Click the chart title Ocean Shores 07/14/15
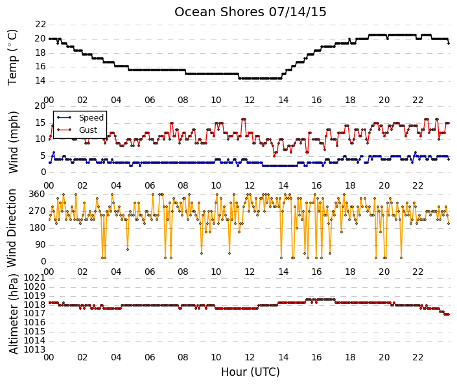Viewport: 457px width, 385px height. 250,12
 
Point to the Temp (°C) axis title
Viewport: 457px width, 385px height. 12,58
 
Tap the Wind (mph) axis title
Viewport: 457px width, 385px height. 13,142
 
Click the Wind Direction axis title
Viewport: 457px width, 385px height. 12,228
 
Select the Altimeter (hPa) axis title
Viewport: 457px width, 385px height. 13,314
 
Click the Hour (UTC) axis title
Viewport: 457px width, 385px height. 250,372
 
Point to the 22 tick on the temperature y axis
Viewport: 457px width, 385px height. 40,24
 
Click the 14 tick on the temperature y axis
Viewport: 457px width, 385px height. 40,81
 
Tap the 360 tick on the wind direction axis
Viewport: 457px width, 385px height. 38,194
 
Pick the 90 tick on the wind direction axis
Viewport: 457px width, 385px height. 40,245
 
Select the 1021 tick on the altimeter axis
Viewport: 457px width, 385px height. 35,278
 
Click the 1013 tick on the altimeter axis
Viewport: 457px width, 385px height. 35,349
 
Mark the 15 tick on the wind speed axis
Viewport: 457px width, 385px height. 40,122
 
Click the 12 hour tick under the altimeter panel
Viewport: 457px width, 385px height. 250,357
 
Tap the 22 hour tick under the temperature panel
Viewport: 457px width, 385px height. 417,100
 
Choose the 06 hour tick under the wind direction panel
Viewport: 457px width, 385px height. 150,272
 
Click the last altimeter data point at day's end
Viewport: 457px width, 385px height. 449,314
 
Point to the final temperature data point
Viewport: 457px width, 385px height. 449,43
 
